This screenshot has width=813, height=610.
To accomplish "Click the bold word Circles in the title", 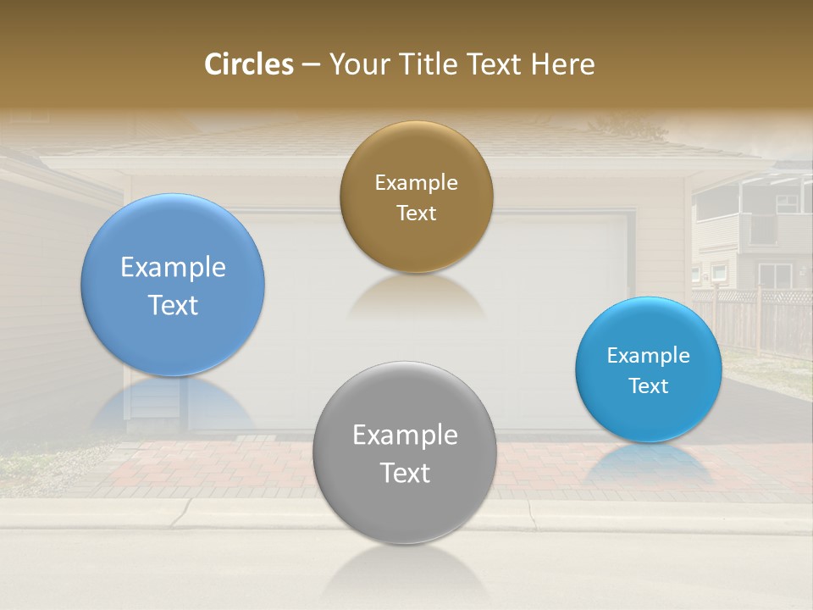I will coord(249,64).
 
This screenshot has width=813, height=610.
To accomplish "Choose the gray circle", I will coord(405,508).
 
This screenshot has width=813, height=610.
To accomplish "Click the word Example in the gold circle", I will coord(416,183).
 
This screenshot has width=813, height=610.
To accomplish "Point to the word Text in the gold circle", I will coord(416,213).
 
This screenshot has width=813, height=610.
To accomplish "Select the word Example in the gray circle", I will coord(405,435).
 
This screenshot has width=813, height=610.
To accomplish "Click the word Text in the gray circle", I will coord(405,473).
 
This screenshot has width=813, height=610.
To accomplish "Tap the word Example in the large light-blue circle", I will coord(173,268).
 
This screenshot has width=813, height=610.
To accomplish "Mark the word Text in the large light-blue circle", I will coord(173,305).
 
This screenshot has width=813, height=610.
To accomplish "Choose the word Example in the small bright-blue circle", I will coord(649,356).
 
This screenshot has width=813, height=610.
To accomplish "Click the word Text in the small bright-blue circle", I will coord(649,386).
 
